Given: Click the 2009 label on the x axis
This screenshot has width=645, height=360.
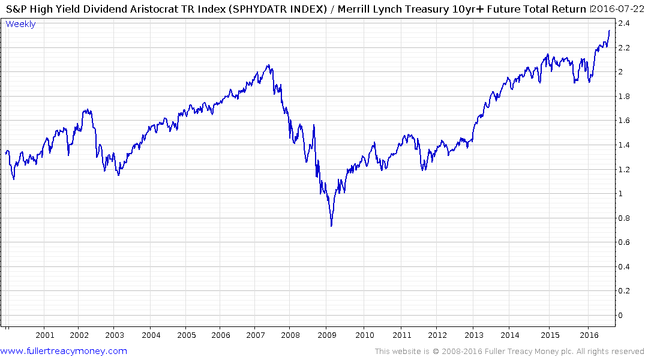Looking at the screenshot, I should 326,335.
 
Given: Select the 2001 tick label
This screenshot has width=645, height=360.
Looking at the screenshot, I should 45,335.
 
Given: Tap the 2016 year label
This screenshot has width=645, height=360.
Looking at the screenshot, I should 590,335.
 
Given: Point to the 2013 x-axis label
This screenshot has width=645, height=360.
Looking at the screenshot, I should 474,335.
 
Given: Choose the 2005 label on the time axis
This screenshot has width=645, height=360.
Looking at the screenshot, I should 186,335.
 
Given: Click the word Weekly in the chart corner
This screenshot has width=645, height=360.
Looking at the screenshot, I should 20,24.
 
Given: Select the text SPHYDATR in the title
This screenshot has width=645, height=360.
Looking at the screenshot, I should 235,9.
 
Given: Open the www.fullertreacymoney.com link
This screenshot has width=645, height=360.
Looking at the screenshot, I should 64,351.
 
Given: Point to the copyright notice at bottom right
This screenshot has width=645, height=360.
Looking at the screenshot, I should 509,352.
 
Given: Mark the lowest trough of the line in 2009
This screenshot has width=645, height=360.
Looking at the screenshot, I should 331,226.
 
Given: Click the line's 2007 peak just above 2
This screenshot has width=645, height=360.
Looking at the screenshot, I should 268,65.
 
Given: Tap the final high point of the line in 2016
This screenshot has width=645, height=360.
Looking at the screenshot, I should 610,31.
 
